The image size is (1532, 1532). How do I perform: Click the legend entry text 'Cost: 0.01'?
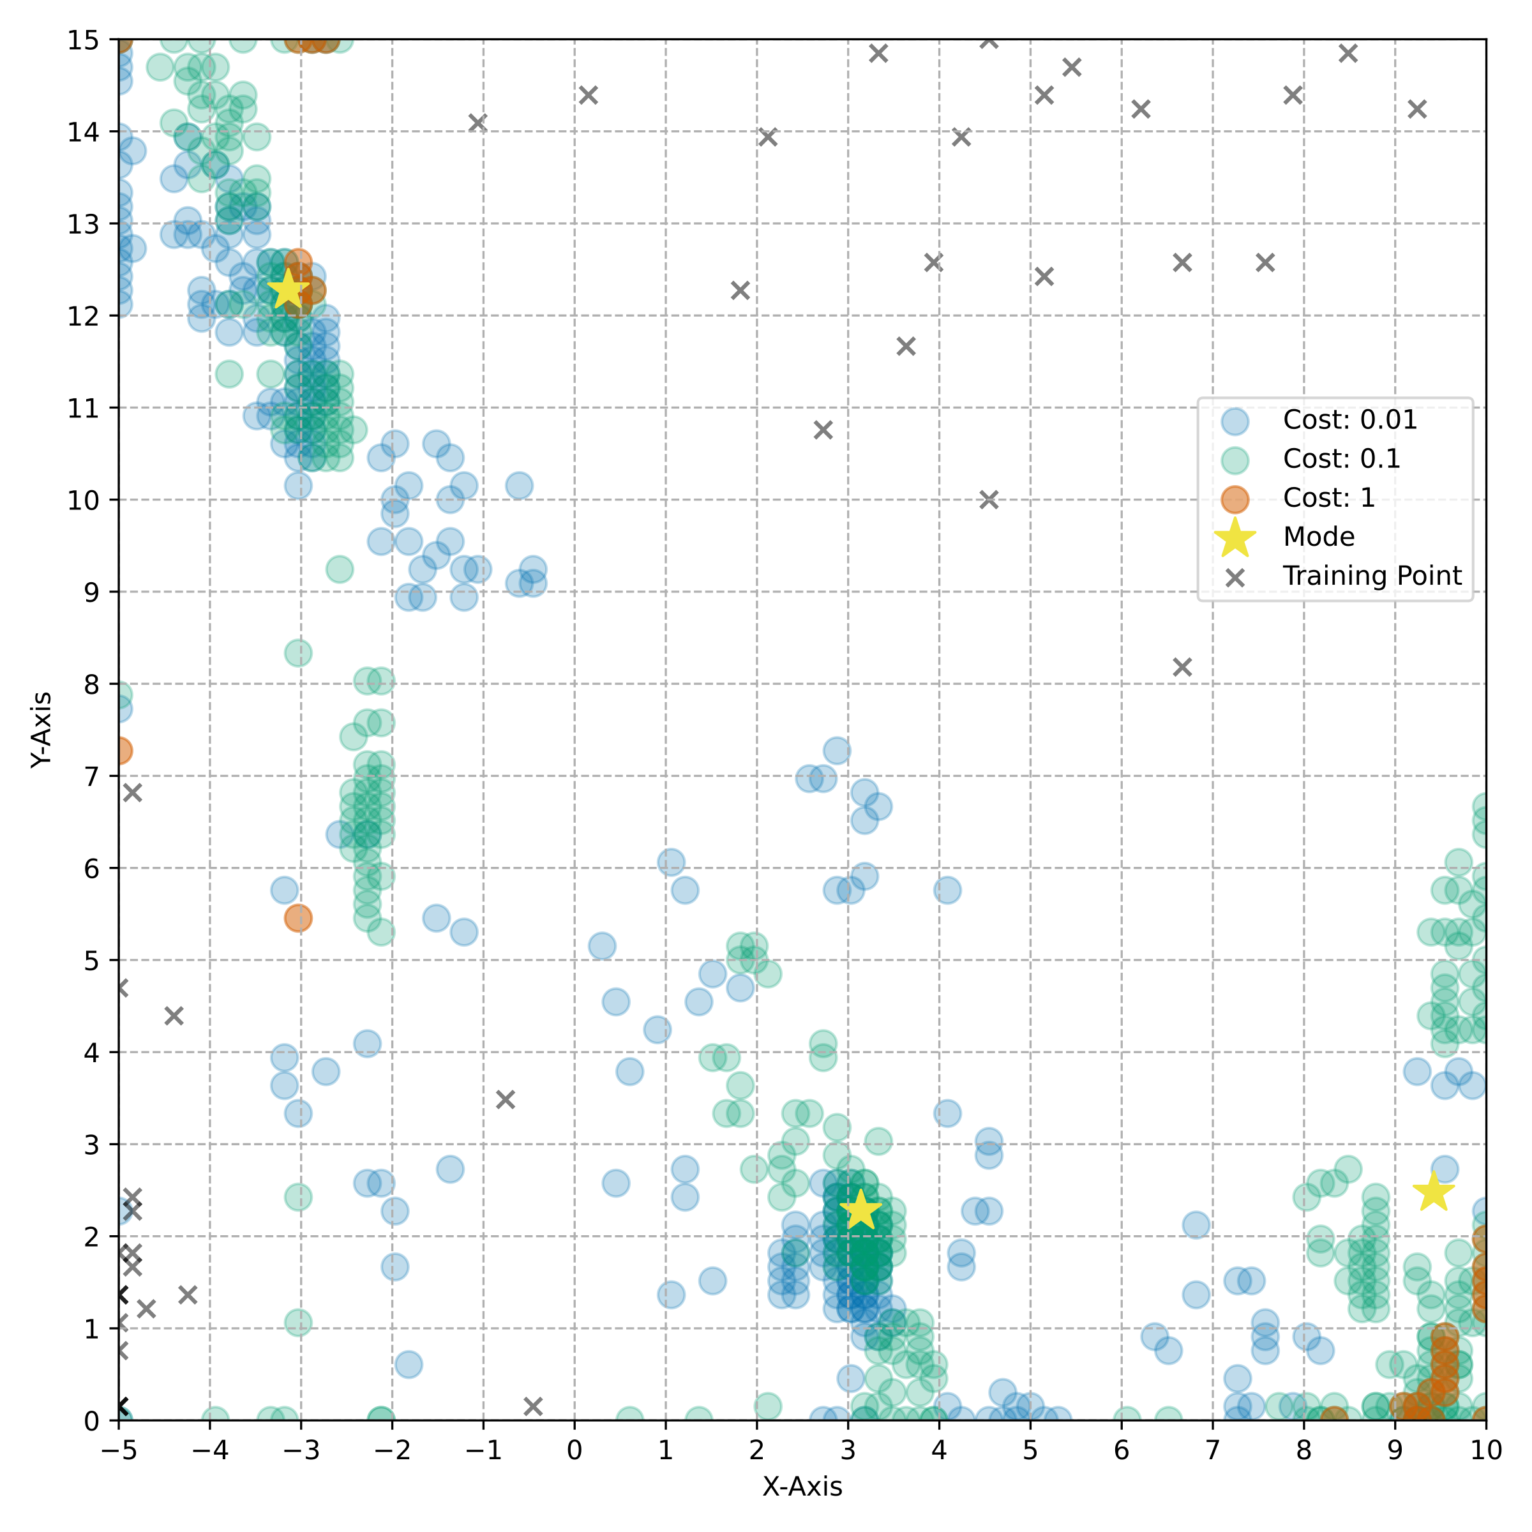click(x=1349, y=419)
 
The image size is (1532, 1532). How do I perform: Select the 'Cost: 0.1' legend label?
click(x=1342, y=458)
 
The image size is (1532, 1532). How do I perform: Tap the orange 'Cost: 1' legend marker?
click(x=1235, y=499)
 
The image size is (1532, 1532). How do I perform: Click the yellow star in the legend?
click(x=1235, y=537)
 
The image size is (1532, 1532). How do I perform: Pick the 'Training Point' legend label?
click(x=1372, y=576)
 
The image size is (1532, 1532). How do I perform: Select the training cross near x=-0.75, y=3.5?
click(x=505, y=1099)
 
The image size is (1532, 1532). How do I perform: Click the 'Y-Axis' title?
click(x=41, y=730)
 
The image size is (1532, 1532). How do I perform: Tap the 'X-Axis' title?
click(x=802, y=1486)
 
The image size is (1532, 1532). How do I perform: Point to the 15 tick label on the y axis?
click(x=82, y=40)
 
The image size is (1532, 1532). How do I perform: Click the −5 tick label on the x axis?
click(x=118, y=1450)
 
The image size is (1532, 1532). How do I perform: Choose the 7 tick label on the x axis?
click(x=1212, y=1450)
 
